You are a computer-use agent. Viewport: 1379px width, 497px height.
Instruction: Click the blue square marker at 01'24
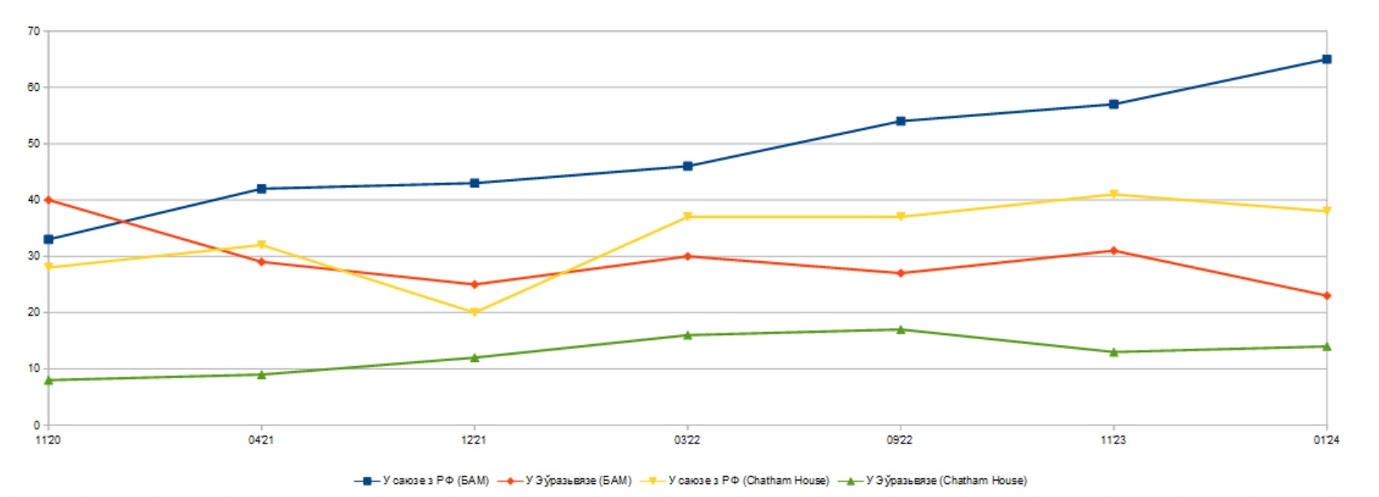pyautogui.click(x=1326, y=59)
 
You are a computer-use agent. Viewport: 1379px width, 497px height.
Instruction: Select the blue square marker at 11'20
pyautogui.click(x=49, y=239)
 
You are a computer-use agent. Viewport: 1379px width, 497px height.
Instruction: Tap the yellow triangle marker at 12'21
pyautogui.click(x=474, y=312)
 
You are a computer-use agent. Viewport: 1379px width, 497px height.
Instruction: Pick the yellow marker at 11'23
pyautogui.click(x=1114, y=194)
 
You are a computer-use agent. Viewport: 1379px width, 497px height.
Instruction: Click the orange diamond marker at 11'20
pyautogui.click(x=49, y=199)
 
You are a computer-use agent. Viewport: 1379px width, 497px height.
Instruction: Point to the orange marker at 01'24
pyautogui.click(x=1326, y=296)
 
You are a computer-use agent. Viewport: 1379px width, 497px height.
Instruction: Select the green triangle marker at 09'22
pyautogui.click(x=901, y=329)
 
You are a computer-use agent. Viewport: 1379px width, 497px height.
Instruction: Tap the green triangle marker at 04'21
pyautogui.click(x=261, y=374)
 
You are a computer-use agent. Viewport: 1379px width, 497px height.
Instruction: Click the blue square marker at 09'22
pyautogui.click(x=901, y=121)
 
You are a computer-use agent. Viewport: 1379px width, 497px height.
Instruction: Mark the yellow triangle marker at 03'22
pyautogui.click(x=687, y=217)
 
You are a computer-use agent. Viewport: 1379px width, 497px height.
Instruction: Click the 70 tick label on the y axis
pyautogui.click(x=33, y=32)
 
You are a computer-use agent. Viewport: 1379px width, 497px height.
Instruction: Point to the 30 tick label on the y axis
pyautogui.click(x=33, y=256)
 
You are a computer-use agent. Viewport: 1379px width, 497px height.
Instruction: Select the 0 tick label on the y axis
pyautogui.click(x=37, y=425)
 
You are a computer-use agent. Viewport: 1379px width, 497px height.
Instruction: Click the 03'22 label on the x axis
pyautogui.click(x=687, y=440)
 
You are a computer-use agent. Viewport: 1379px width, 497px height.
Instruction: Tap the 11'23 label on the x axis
pyautogui.click(x=1113, y=440)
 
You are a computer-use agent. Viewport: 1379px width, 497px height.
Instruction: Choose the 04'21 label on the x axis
pyautogui.click(x=261, y=440)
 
